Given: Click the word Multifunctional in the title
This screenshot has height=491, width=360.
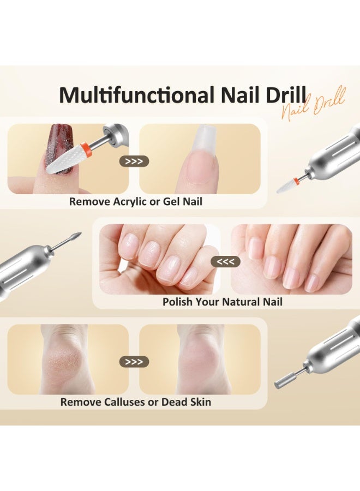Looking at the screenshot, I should pos(136,95).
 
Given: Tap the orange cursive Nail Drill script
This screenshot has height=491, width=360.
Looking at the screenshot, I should pos(314,105).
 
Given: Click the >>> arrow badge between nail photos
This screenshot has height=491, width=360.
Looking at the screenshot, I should pos(134,161).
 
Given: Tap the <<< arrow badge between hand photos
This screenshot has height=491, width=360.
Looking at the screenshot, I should pos(225,262).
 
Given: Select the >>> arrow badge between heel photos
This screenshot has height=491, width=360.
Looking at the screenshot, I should pos(134,361).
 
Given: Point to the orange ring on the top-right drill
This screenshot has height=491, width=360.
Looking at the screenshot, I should pos(296,180).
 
